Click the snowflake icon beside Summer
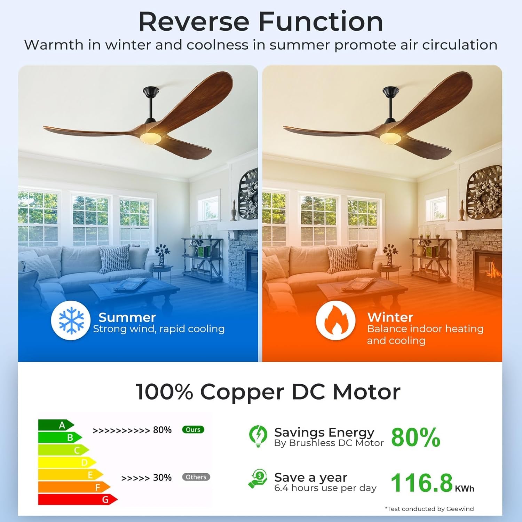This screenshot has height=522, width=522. point(71,320)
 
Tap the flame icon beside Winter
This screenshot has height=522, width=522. point(336,320)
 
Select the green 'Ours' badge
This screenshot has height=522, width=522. point(193,430)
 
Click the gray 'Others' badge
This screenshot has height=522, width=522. point(196,477)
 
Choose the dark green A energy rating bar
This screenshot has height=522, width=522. point(56,425)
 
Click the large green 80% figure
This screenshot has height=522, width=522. point(416,437)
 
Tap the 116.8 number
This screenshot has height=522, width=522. point(421,483)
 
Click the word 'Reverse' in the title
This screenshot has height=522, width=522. point(194,22)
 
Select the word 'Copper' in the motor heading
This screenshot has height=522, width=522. point(242,392)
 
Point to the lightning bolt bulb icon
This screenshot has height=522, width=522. point(258,435)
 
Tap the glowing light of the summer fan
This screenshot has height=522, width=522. point(151,137)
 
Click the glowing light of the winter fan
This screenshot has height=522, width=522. point(390,137)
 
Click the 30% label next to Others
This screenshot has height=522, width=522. point(162,477)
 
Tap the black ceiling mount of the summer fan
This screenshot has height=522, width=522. point(151,92)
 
